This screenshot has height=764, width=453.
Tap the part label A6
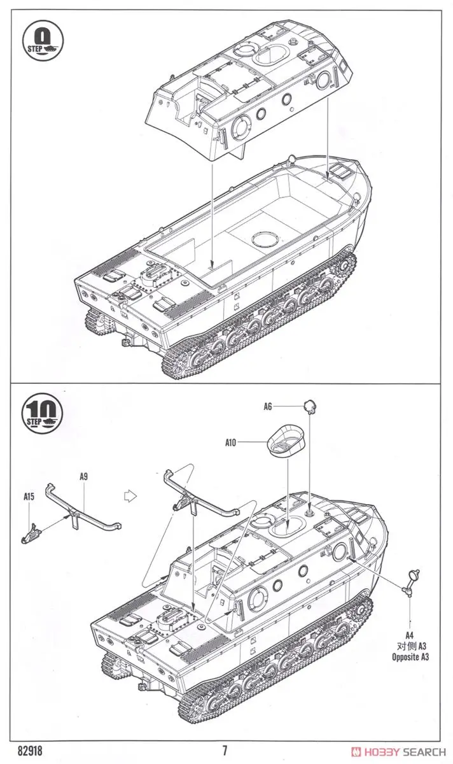point(268,406)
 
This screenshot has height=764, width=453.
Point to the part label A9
point(84,476)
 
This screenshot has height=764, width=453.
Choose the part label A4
point(410,633)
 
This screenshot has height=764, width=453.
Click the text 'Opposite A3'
point(410,656)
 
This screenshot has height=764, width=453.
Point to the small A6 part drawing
point(310,405)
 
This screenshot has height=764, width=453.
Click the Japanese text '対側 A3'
point(410,645)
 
